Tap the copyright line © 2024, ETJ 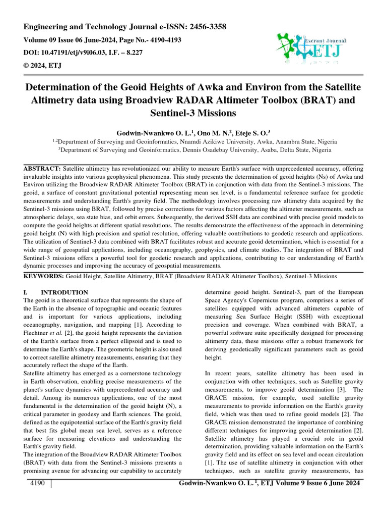[42, 65]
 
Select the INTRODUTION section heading [64, 292]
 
